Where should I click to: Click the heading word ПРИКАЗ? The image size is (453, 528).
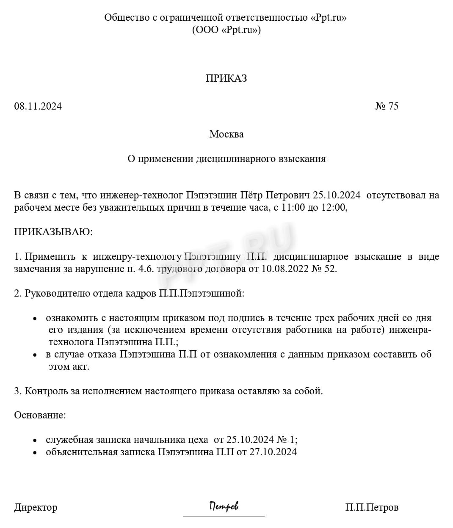(x=226, y=78)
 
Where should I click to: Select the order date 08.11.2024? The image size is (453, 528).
(x=38, y=106)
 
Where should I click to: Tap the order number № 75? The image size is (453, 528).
(x=387, y=106)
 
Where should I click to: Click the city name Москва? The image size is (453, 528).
(x=226, y=135)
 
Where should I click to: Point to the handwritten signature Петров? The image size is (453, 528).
(x=224, y=506)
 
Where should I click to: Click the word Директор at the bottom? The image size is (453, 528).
(x=36, y=507)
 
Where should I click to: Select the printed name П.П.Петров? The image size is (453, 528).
(x=371, y=507)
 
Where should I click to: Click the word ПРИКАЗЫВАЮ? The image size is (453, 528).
(x=53, y=232)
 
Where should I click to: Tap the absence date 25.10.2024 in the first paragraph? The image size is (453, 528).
(x=337, y=195)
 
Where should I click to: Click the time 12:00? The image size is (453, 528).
(x=334, y=208)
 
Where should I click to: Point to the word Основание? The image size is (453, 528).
(x=40, y=415)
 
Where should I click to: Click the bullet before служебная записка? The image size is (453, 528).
(x=36, y=440)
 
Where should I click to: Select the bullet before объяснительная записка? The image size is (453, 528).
(x=36, y=453)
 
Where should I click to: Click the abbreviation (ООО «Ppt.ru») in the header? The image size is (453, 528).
(x=226, y=30)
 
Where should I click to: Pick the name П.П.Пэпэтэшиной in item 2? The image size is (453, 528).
(x=202, y=293)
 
